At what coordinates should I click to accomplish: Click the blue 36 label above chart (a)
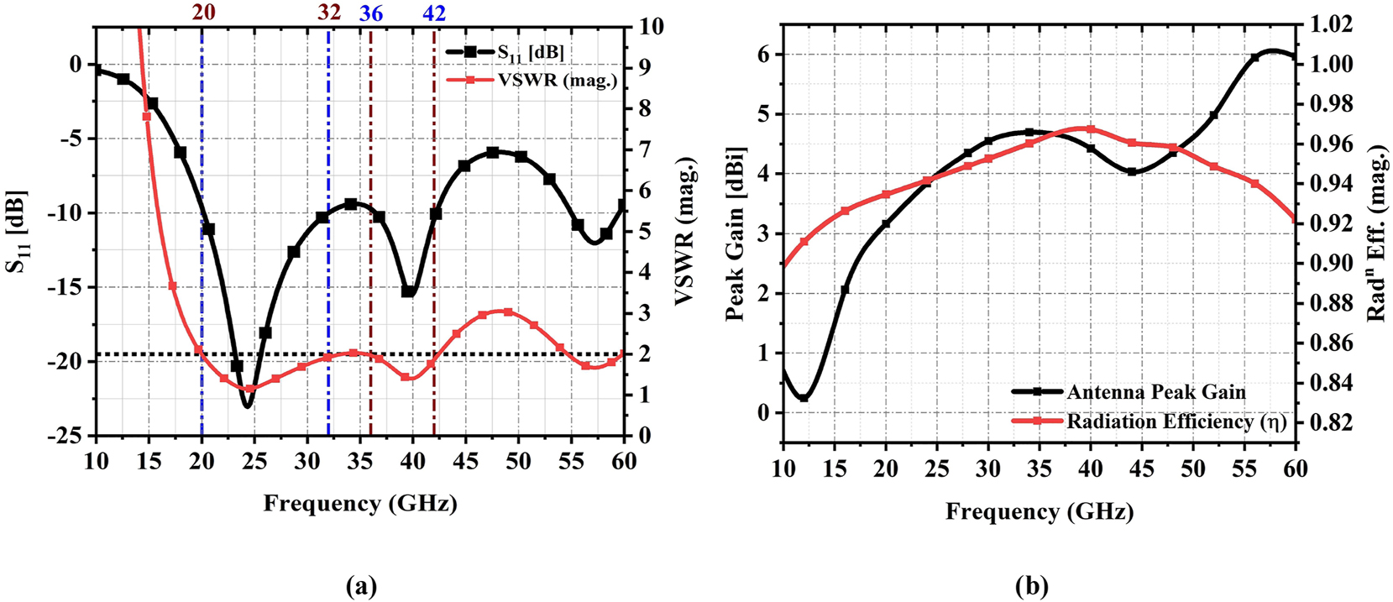tap(370, 13)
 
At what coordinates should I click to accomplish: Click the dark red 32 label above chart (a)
tap(329, 13)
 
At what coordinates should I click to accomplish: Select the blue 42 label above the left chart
tap(434, 13)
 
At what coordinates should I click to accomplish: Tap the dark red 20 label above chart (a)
tap(202, 13)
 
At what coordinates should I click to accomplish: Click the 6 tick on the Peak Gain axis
tap(763, 55)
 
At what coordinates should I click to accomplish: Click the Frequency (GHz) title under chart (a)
tap(360, 504)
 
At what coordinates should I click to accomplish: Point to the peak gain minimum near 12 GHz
tap(804, 398)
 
